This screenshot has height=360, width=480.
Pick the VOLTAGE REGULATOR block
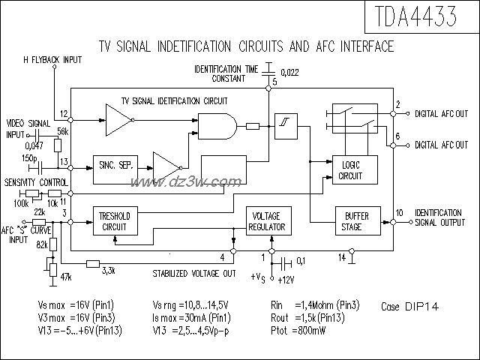click(x=268, y=222)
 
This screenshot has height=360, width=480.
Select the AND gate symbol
click(x=217, y=126)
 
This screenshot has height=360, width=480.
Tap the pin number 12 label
click(x=64, y=113)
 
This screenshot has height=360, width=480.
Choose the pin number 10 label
click(x=400, y=214)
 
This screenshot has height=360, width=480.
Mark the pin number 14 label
click(x=342, y=257)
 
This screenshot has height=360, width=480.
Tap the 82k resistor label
click(x=43, y=245)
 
